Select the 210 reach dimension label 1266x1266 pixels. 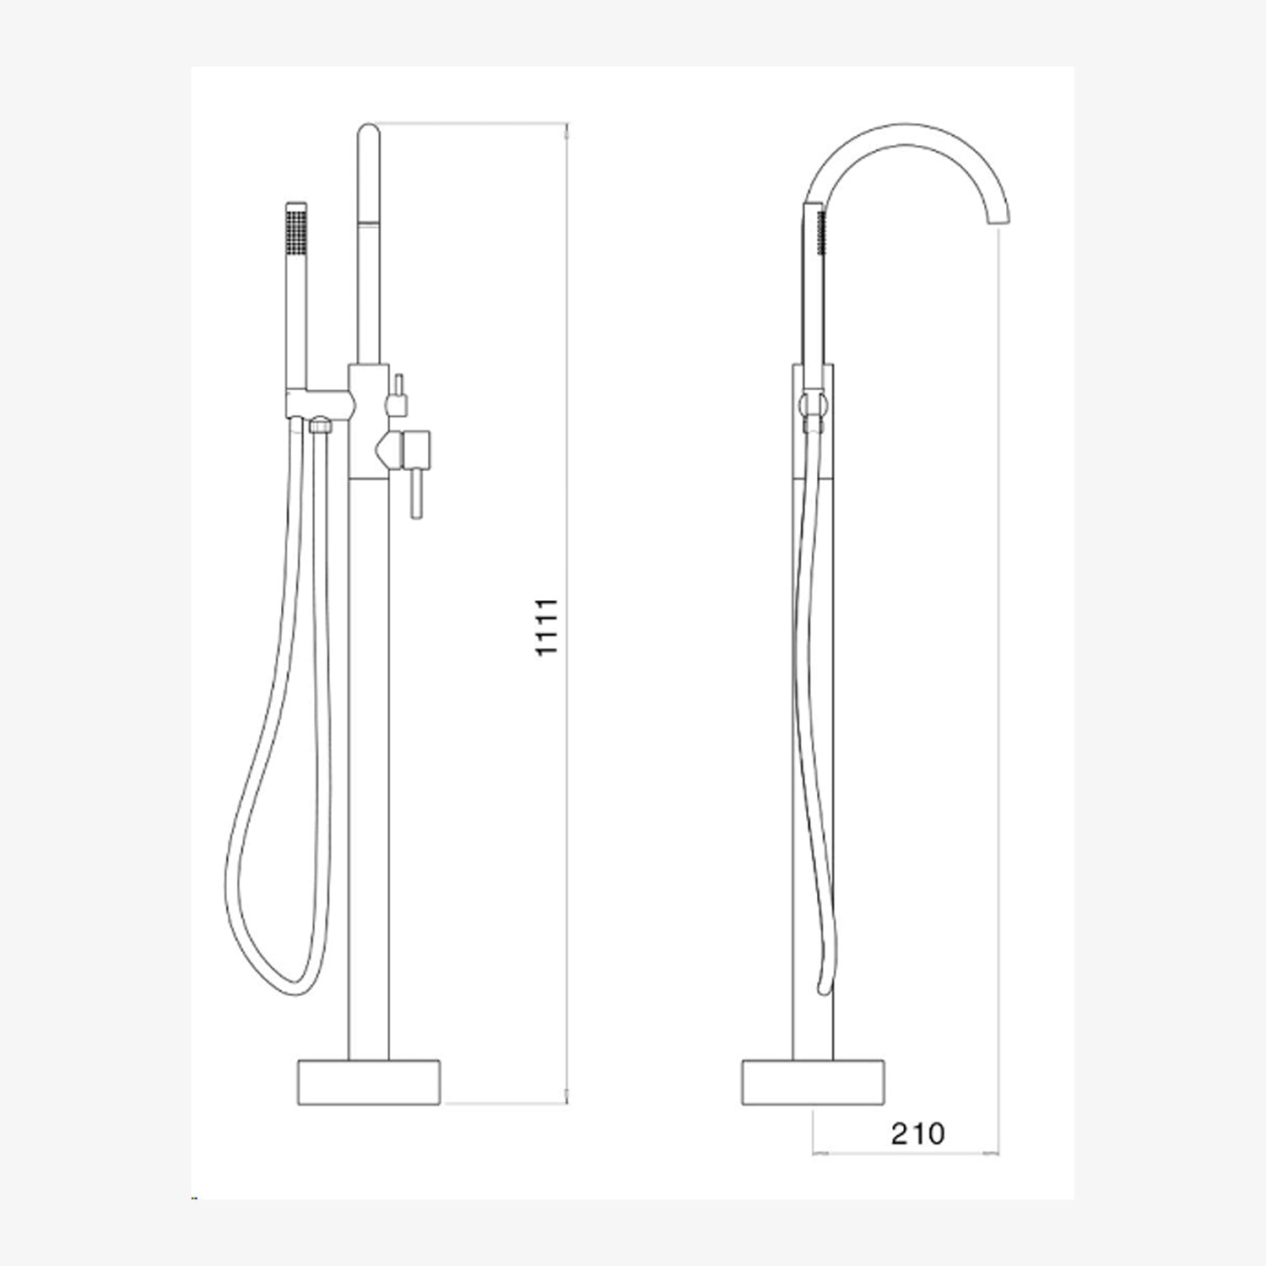click(x=917, y=1133)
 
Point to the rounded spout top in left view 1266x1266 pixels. click(x=369, y=135)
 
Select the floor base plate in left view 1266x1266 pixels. click(x=370, y=1081)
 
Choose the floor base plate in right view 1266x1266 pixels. click(x=814, y=1081)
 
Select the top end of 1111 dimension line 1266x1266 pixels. click(x=566, y=126)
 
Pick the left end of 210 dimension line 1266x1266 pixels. click(x=813, y=1152)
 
